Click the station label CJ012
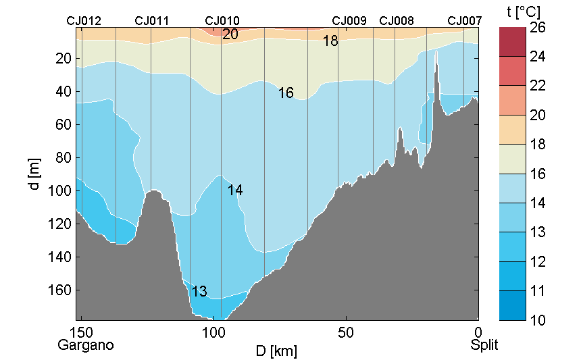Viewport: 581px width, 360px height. pyautogui.click(x=84, y=21)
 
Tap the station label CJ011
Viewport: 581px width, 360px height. pyautogui.click(x=152, y=21)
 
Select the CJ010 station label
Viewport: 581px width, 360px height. pyautogui.click(x=222, y=21)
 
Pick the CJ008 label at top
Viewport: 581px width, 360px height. pyautogui.click(x=397, y=21)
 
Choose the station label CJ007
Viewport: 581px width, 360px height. pyautogui.click(x=465, y=21)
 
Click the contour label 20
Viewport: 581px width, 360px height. pyautogui.click(x=230, y=34)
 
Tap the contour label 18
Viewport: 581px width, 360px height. pyautogui.click(x=330, y=41)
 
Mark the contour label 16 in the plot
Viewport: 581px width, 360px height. pyautogui.click(x=286, y=93)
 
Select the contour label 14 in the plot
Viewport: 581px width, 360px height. pyautogui.click(x=235, y=191)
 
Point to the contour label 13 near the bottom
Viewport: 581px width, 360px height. pyautogui.click(x=199, y=292)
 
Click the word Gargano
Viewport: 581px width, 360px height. pyautogui.click(x=86, y=345)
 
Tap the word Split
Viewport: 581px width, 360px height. pyautogui.click(x=484, y=345)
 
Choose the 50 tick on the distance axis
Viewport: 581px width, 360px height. pyautogui.click(x=346, y=333)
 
